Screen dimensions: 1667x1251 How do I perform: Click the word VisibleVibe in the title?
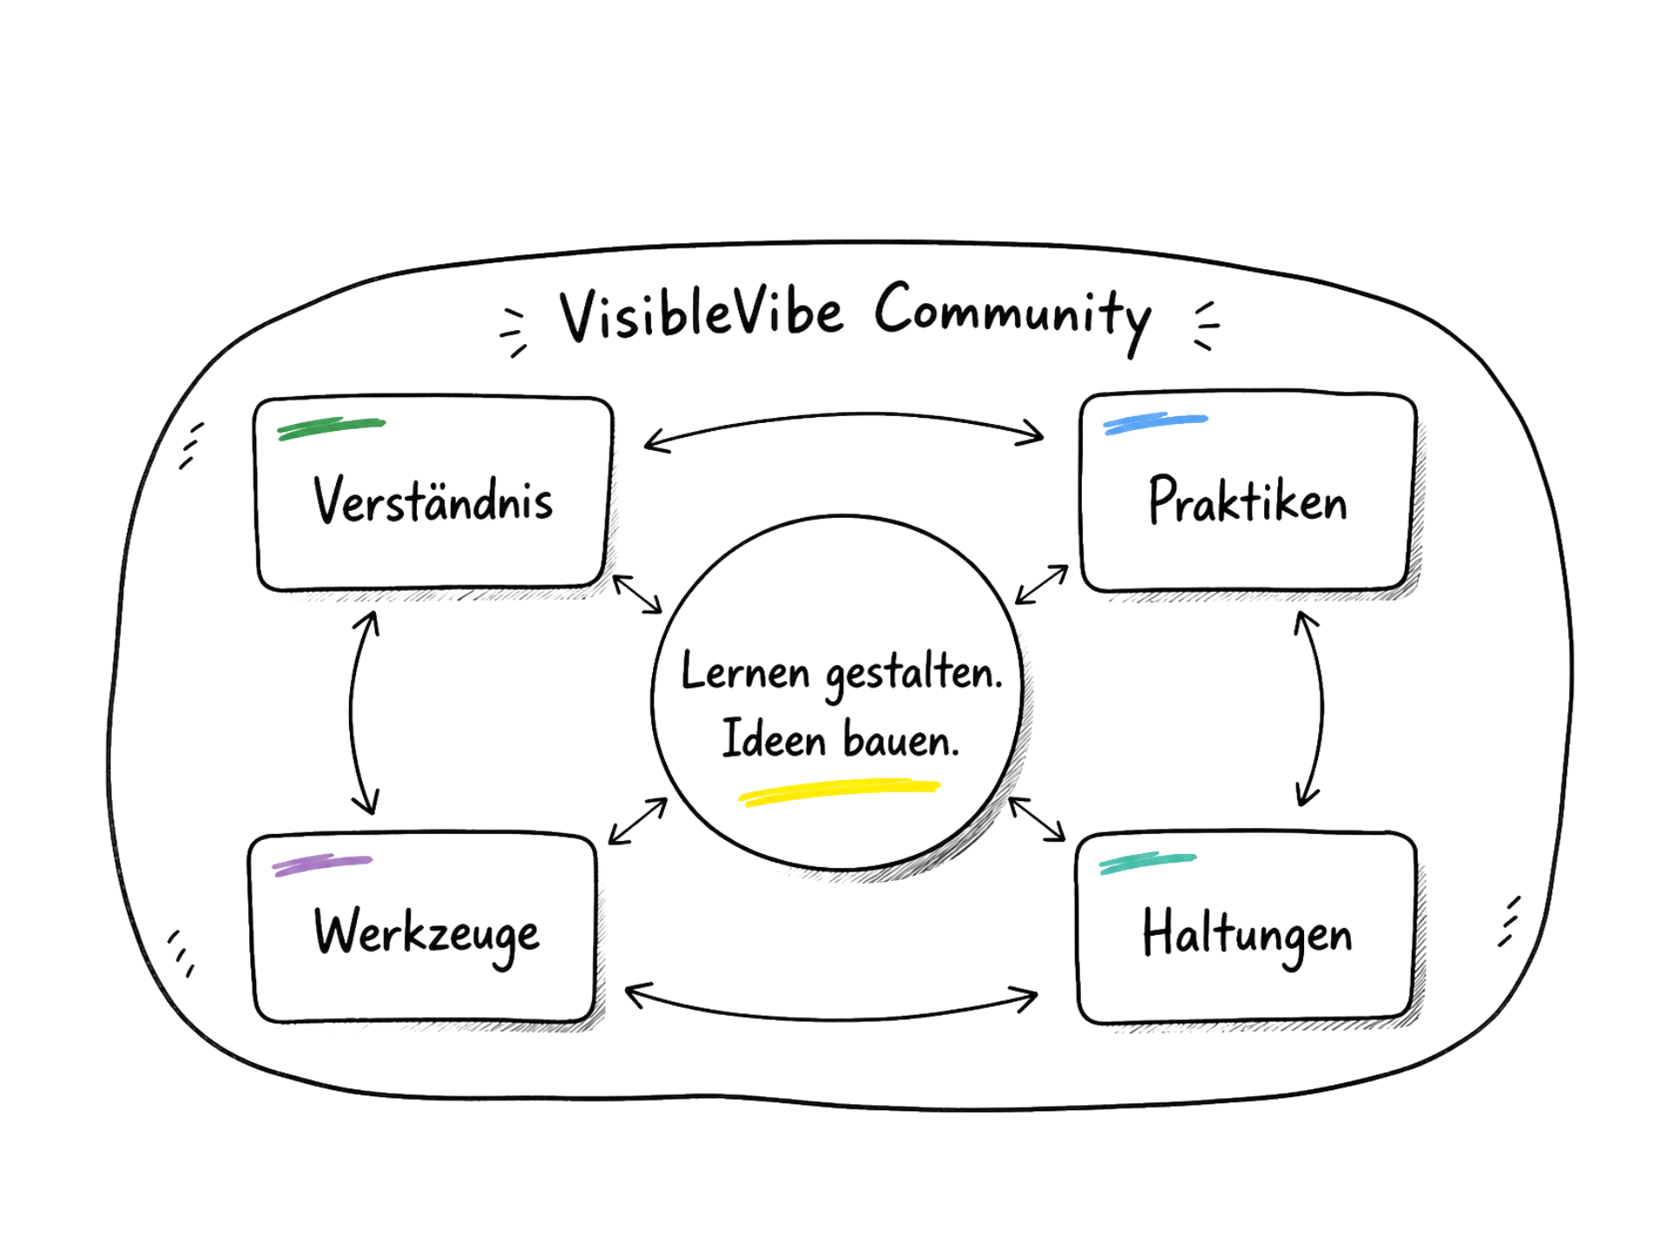tap(702, 314)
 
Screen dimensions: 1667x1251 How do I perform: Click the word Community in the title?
tap(1013, 316)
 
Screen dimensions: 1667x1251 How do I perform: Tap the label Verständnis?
tap(433, 500)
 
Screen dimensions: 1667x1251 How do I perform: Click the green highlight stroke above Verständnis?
tap(331, 428)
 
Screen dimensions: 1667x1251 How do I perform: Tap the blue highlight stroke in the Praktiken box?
tap(1156, 423)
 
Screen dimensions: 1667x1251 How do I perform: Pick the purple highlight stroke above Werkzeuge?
tap(322, 864)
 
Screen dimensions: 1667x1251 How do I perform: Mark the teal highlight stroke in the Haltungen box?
tap(1148, 863)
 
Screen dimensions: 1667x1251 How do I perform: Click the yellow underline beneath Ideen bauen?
tap(840, 791)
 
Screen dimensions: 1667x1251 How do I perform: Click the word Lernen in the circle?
tap(745, 672)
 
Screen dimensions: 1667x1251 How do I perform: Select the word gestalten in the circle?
tap(914, 676)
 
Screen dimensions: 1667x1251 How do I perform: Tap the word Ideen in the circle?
tap(774, 740)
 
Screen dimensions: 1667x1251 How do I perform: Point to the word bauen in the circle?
tap(901, 740)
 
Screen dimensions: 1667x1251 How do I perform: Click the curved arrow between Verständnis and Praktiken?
tap(844, 415)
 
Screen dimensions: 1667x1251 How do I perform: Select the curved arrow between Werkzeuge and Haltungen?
tap(832, 1018)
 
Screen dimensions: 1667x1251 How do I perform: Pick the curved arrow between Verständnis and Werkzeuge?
tap(352, 712)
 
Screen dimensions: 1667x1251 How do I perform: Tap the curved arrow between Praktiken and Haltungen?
tap(1321, 708)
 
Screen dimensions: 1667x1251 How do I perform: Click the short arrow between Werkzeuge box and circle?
tap(638, 821)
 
